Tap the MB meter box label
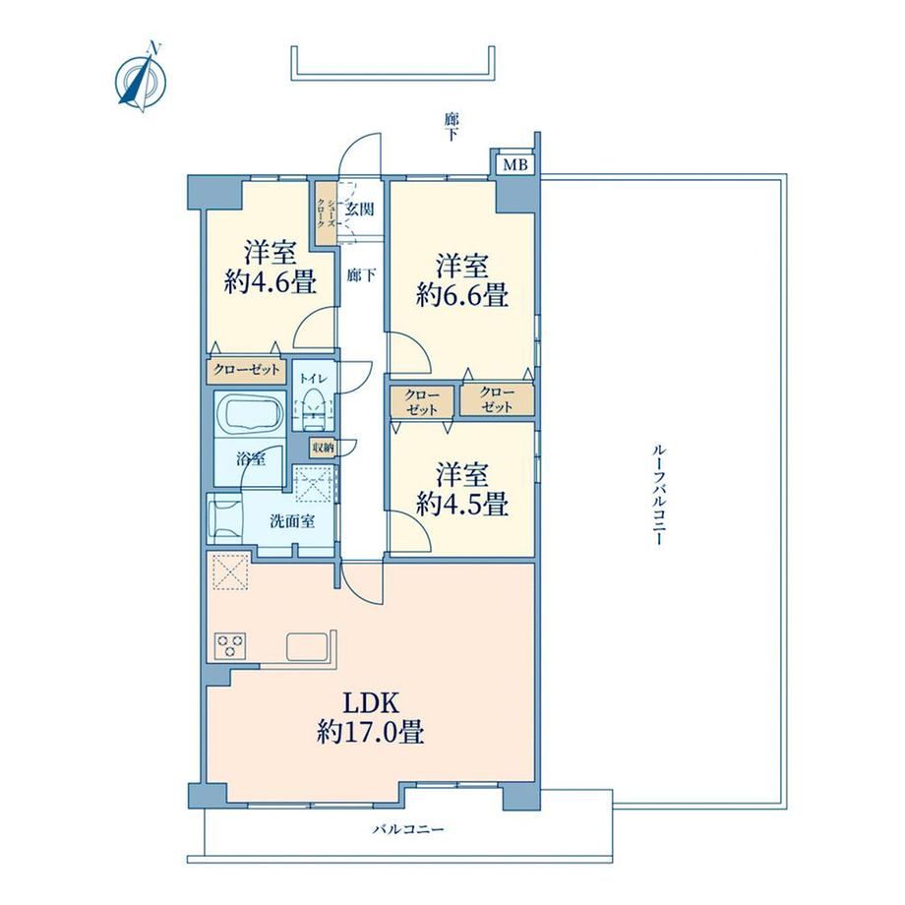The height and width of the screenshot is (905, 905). coord(515,165)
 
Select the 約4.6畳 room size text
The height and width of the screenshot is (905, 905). coord(271,282)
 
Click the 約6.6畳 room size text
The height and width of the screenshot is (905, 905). coord(462,296)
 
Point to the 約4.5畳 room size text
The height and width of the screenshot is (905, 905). coord(462,505)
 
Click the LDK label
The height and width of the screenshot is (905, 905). coord(370,703)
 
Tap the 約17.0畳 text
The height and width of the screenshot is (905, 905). coord(370,733)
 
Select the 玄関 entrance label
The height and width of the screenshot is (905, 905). coord(360,209)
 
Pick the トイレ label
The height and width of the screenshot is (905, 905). coord(313,379)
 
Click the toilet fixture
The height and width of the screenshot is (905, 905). coord(314,408)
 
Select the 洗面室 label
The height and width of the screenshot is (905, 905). coord(292,521)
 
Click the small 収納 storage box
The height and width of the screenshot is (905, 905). coord(324,448)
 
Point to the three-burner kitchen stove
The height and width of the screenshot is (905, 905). coord(230,644)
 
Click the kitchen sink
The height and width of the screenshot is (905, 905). coord(308,645)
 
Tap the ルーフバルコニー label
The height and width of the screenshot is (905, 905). coord(657,495)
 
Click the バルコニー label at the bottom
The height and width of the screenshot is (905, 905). coord(408,829)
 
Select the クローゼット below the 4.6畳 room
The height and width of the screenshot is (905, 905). coord(247,370)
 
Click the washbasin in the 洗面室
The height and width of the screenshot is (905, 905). coord(223,517)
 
